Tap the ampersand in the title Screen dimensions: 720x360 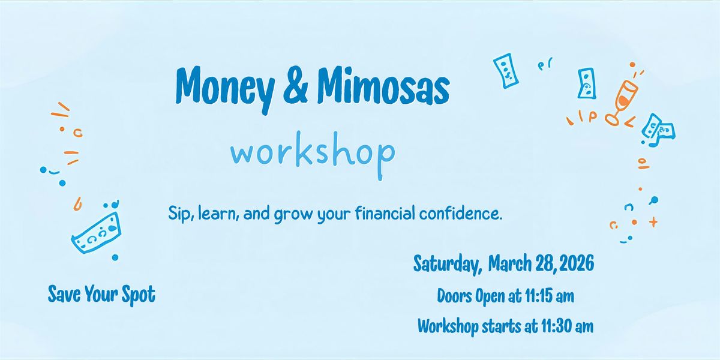point(295,85)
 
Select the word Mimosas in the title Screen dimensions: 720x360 point(383,86)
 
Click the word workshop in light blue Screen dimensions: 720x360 point(313,155)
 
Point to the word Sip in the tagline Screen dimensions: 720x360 point(180,213)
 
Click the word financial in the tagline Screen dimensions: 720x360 point(385,213)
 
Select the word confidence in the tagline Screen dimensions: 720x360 point(460,213)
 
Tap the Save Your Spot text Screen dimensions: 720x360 point(101,294)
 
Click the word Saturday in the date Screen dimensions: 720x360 point(448,264)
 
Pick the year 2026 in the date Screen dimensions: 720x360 point(577,263)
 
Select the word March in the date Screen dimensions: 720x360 point(510,263)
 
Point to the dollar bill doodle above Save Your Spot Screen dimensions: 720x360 point(97,233)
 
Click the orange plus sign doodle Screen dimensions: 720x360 point(653,222)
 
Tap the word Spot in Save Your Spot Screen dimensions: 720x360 point(139,295)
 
